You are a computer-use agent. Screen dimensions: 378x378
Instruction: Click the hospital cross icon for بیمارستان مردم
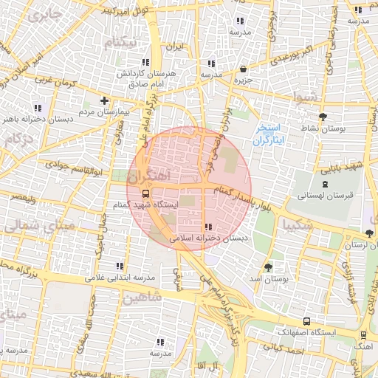point(104,100)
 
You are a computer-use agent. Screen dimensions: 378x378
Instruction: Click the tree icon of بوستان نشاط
point(322,117)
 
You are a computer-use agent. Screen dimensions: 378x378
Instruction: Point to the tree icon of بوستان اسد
point(267,267)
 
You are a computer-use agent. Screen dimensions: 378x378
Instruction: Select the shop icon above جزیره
point(243,68)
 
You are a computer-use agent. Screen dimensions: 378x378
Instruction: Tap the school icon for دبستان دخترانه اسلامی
point(208,227)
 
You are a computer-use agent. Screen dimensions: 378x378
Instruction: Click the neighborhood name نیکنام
point(121,42)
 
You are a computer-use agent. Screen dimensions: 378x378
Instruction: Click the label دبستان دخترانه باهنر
point(30,118)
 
